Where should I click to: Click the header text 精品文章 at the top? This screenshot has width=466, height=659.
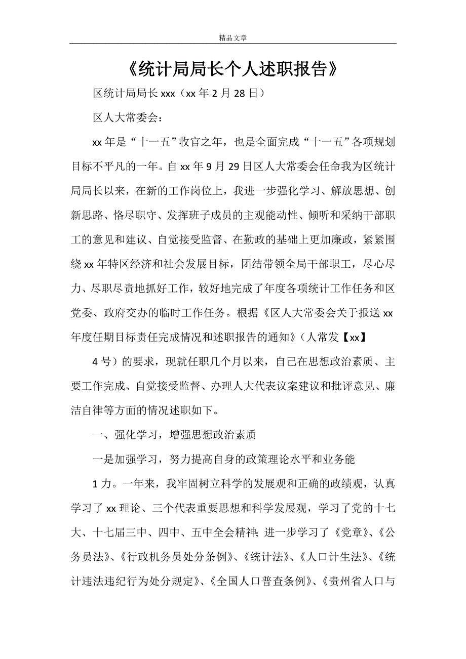click(x=233, y=37)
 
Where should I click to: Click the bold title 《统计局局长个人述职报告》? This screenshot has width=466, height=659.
click(x=233, y=69)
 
